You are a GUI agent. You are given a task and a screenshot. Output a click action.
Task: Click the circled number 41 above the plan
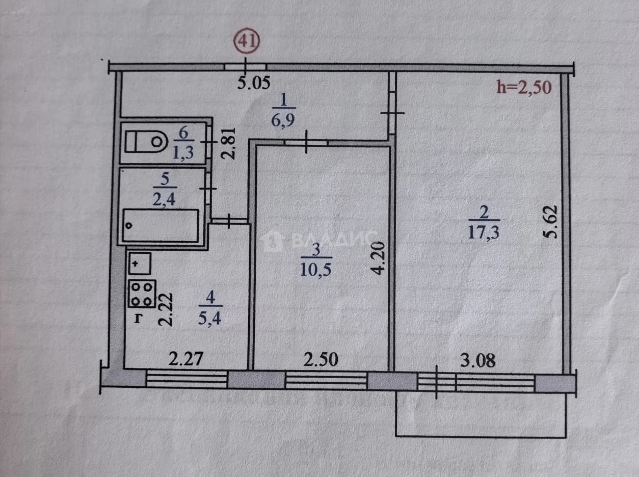(x=247, y=42)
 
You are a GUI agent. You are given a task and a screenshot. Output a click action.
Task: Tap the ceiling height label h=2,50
(x=524, y=87)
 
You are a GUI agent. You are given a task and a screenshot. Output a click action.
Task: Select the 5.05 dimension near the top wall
(x=254, y=83)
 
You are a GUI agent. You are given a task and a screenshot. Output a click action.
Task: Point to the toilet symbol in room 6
(x=146, y=142)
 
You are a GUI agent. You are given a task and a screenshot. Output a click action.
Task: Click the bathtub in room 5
(x=161, y=226)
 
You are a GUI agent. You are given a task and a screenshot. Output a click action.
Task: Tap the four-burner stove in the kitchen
(x=142, y=294)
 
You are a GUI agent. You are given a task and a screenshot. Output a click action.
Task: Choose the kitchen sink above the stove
(x=140, y=263)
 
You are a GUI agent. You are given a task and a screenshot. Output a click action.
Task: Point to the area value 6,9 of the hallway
(x=283, y=120)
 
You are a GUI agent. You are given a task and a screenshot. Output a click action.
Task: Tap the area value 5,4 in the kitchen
(x=210, y=319)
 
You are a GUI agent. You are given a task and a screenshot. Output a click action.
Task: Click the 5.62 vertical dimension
(x=550, y=222)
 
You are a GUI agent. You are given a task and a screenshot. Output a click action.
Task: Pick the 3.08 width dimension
(x=478, y=361)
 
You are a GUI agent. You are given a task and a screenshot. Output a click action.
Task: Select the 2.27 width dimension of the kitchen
(x=185, y=359)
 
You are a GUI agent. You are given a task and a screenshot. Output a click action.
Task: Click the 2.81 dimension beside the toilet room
(x=228, y=144)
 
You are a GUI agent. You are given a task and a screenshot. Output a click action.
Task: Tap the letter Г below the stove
(x=139, y=319)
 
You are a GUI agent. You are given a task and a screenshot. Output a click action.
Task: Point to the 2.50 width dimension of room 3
(x=321, y=359)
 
